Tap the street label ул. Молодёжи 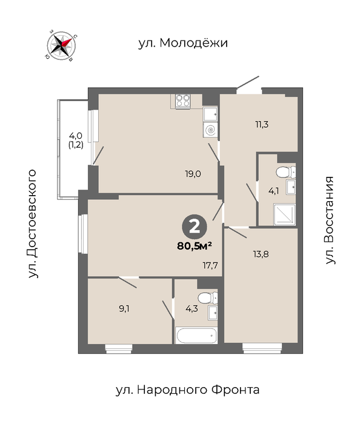click(183, 43)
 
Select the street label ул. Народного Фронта click(187, 390)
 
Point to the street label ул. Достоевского click(32, 224)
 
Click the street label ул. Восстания click(329, 220)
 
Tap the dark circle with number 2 click(195, 227)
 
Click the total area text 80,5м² click(194, 246)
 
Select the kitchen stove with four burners click(183, 101)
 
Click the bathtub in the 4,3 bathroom click(196, 336)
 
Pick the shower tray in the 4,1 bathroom click(284, 214)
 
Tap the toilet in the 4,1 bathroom click(286, 172)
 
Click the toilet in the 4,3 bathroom click(208, 298)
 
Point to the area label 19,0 click(193, 174)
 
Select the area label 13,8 click(261, 254)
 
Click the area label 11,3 click(262, 124)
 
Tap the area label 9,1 click(124, 308)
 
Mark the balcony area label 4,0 click(76, 135)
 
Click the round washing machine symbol click(210, 130)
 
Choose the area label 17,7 click(210, 265)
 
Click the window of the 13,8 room click(262, 348)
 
